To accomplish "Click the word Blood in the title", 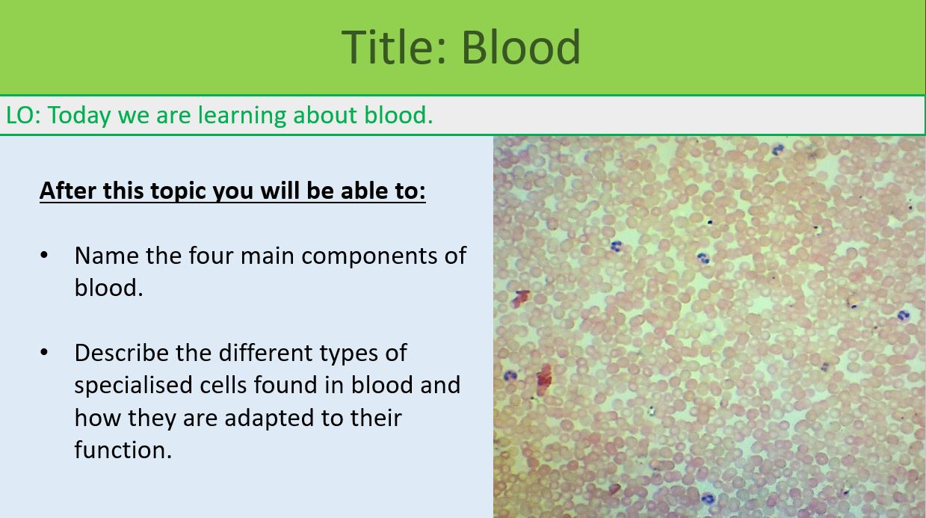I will coord(520,46).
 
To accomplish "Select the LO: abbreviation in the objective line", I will coord(23,115).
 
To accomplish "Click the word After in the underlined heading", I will coord(68,191).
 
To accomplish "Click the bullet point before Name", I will coord(44,255).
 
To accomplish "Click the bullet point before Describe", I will coord(44,352).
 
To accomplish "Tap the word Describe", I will coord(122,352).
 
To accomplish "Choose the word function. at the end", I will coord(123,449).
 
